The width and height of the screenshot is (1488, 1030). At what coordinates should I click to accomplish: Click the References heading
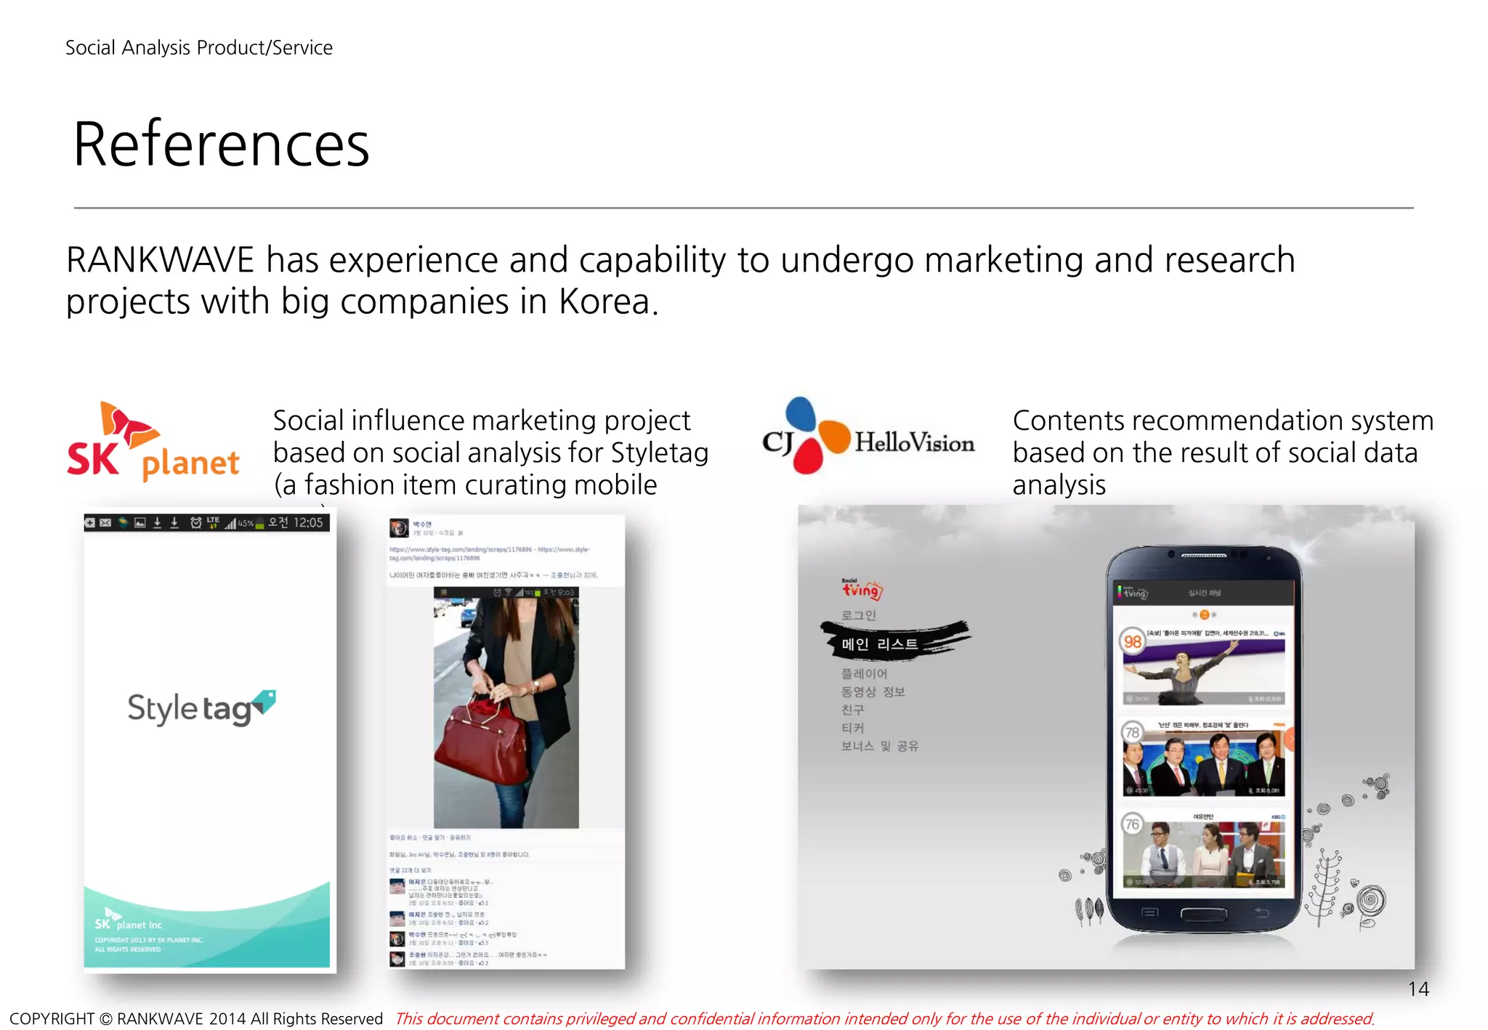pyautogui.click(x=221, y=144)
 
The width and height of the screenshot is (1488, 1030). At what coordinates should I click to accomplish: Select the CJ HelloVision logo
pyautogui.click(x=868, y=437)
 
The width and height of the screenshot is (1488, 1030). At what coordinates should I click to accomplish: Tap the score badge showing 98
pyautogui.click(x=1132, y=641)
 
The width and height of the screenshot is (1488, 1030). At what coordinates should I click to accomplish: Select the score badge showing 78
pyautogui.click(x=1132, y=732)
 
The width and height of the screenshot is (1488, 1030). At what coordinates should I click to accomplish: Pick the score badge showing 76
pyautogui.click(x=1132, y=824)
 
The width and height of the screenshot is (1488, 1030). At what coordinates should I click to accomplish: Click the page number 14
pyautogui.click(x=1418, y=989)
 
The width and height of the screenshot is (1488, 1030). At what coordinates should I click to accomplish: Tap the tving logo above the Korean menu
pyautogui.click(x=862, y=589)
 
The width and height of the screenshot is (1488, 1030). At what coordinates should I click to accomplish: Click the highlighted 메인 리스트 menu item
pyautogui.click(x=879, y=644)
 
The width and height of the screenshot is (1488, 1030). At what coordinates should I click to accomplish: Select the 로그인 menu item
pyautogui.click(x=859, y=615)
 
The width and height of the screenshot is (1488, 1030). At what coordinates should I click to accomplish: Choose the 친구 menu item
pyautogui.click(x=853, y=710)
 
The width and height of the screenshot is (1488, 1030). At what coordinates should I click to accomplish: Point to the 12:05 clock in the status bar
pyautogui.click(x=308, y=522)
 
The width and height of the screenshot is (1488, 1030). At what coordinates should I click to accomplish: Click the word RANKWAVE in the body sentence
pyautogui.click(x=160, y=260)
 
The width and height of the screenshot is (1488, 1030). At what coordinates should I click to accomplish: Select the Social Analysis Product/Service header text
pyautogui.click(x=199, y=48)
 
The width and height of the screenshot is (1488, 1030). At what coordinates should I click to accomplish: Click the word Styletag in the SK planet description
pyautogui.click(x=659, y=453)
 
